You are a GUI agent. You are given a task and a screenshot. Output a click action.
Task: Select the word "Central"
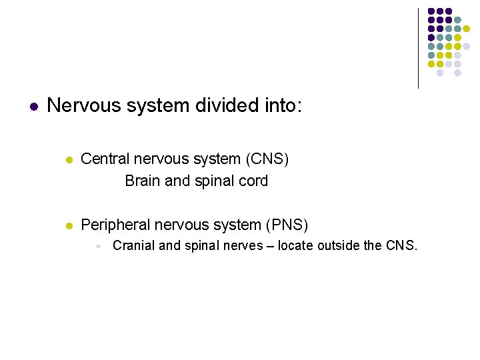(x=105, y=159)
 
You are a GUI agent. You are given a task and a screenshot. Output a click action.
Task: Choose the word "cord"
(x=254, y=181)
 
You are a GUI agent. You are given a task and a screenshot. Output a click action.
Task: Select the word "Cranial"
(x=133, y=246)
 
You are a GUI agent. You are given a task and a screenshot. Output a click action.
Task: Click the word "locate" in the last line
(x=296, y=246)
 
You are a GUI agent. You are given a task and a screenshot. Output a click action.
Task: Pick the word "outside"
(x=339, y=246)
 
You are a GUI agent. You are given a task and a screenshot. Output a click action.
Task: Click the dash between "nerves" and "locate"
(x=270, y=246)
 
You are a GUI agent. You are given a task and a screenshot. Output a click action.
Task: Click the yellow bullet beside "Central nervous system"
(x=68, y=160)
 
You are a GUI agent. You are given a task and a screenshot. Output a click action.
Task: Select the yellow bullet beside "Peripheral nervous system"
(x=68, y=226)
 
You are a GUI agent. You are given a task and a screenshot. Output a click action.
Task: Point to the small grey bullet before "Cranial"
(x=98, y=247)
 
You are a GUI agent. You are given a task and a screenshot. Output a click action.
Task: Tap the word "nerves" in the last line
(x=243, y=246)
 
